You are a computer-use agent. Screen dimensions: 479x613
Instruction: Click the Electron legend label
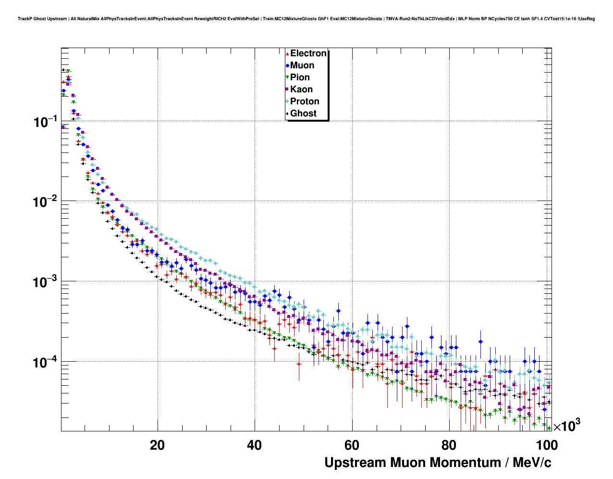coord(308,53)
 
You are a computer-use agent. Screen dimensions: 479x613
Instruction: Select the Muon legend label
coord(302,65)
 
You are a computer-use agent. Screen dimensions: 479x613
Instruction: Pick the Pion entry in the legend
coord(300,77)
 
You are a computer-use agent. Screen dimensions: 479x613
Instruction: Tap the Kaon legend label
coord(301,89)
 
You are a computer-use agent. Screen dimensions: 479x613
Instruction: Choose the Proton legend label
coord(305,101)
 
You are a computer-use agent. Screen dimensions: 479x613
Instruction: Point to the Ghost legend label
coord(303,113)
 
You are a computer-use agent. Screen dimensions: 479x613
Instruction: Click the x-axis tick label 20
coord(157,445)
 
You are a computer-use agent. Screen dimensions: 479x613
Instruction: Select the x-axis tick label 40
coord(254,445)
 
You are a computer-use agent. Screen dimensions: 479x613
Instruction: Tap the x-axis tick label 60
coord(352,445)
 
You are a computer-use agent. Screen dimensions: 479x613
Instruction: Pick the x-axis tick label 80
coord(449,445)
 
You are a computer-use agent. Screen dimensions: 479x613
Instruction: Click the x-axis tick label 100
coord(547,445)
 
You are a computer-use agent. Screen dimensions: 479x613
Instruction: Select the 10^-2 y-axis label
coord(46,202)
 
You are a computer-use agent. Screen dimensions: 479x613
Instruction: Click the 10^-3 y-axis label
coord(46,282)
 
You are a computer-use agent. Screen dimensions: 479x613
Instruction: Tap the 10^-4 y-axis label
coord(46,362)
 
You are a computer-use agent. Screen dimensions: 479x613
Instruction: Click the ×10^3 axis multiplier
coord(567,426)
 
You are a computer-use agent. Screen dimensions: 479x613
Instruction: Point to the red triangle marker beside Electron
coord(287,54)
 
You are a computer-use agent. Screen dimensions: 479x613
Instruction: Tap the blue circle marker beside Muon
coord(287,66)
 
